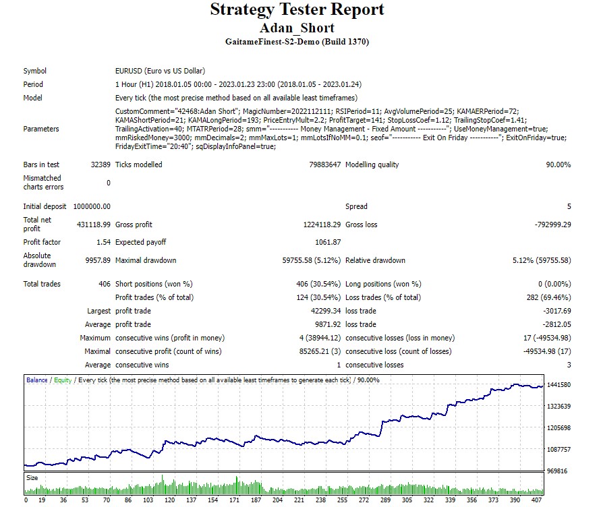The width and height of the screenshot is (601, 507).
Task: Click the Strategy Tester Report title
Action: [297, 10]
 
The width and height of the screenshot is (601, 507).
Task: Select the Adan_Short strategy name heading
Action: [297, 28]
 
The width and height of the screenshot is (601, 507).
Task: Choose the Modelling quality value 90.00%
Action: [558, 165]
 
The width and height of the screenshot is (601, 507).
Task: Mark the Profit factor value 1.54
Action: [103, 242]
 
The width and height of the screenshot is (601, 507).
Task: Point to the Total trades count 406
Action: [104, 284]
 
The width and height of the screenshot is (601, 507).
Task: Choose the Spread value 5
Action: [569, 206]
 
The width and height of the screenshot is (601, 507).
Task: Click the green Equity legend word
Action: [62, 380]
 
